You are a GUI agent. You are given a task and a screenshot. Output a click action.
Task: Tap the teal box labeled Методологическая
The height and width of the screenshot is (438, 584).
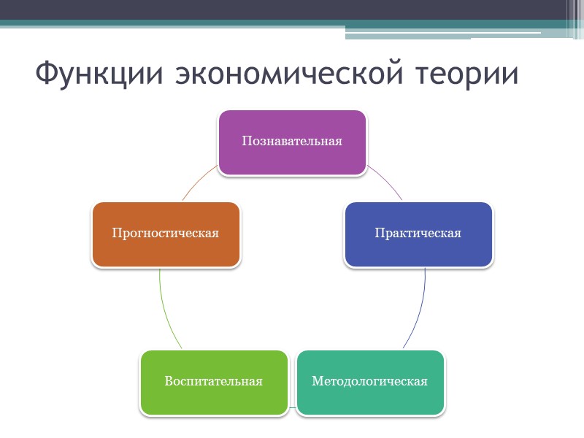(x=370, y=398)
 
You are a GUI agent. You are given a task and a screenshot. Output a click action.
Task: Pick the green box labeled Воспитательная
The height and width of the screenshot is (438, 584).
(x=213, y=399)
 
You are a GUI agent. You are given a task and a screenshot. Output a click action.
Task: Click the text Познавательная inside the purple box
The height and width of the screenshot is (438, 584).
(x=292, y=141)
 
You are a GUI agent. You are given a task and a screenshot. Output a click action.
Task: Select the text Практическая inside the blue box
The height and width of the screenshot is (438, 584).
(x=418, y=234)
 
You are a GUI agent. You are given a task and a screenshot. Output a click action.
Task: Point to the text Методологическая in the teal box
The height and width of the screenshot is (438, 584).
(x=369, y=381)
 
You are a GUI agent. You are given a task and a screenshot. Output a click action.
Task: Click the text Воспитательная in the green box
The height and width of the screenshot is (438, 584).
(x=213, y=381)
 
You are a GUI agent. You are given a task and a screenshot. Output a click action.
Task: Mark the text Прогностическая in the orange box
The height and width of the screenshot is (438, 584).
(x=166, y=234)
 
